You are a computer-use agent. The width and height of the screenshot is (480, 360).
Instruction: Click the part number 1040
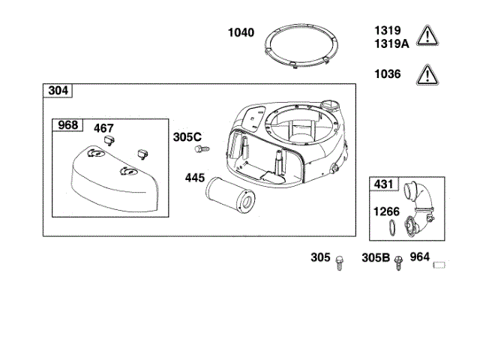pos(241,33)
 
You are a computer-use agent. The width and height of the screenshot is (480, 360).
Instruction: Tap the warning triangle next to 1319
pos(428,35)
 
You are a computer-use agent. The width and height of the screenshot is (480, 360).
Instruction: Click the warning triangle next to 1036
pos(428,74)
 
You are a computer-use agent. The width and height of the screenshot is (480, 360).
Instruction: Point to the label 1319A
pos(391,43)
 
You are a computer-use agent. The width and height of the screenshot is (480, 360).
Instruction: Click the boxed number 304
pos(58,91)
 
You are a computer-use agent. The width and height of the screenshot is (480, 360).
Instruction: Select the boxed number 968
pos(67,125)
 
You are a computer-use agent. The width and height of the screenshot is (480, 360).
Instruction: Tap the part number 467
pos(103,127)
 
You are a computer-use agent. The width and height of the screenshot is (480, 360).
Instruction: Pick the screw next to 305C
pos(200,149)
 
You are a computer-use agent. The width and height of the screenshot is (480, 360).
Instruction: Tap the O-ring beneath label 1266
pos(391,228)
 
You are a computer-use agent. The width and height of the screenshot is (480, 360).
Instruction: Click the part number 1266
pos(387,211)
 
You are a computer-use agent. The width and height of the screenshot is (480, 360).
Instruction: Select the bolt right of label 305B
pos(398,260)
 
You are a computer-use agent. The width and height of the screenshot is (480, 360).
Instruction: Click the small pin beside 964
pos(441,263)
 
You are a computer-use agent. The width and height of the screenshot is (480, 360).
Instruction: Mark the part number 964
pos(420,257)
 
